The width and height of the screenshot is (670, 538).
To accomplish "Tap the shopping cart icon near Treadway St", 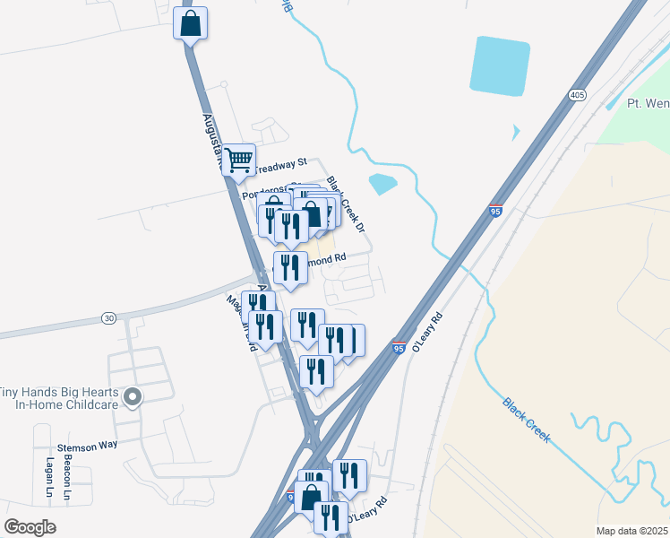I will pyautogui.click(x=239, y=161).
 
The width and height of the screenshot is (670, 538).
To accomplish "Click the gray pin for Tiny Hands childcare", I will pyautogui.click(x=133, y=396).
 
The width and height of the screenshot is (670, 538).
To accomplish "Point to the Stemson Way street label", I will pyautogui.click(x=87, y=445).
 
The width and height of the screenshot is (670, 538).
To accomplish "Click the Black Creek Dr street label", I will pyautogui.click(x=346, y=204).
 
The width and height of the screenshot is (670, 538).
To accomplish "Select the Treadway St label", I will pyautogui.click(x=280, y=165).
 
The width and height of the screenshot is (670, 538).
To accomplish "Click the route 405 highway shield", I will pyautogui.click(x=577, y=94).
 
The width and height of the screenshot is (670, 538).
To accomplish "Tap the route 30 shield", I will pyautogui.click(x=108, y=317).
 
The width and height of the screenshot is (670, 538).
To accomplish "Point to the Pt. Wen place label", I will pyautogui.click(x=647, y=103).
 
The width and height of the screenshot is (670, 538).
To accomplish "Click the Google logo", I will pyautogui.click(x=30, y=527).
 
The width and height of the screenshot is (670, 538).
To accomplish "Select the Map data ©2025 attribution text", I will pyautogui.click(x=631, y=531).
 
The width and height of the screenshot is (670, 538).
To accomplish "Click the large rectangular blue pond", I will pyautogui.click(x=500, y=65).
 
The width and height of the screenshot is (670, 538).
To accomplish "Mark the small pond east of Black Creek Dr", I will pyautogui.click(x=382, y=184).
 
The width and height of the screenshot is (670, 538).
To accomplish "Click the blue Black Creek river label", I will pyautogui.click(x=526, y=421).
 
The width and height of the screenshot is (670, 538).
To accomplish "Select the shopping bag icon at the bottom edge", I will pyautogui.click(x=312, y=497).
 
